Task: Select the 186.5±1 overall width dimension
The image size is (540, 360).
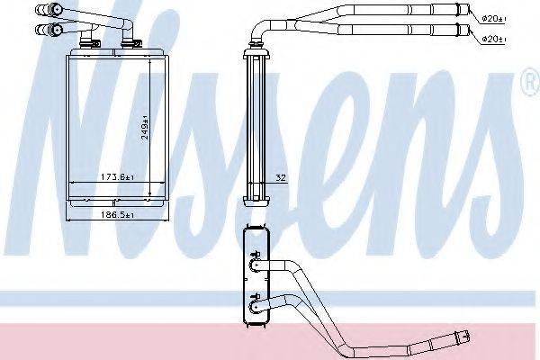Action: [x=117, y=217]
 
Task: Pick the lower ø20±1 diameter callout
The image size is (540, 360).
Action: [x=491, y=39]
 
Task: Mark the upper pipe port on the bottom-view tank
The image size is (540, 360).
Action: [x=253, y=267]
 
